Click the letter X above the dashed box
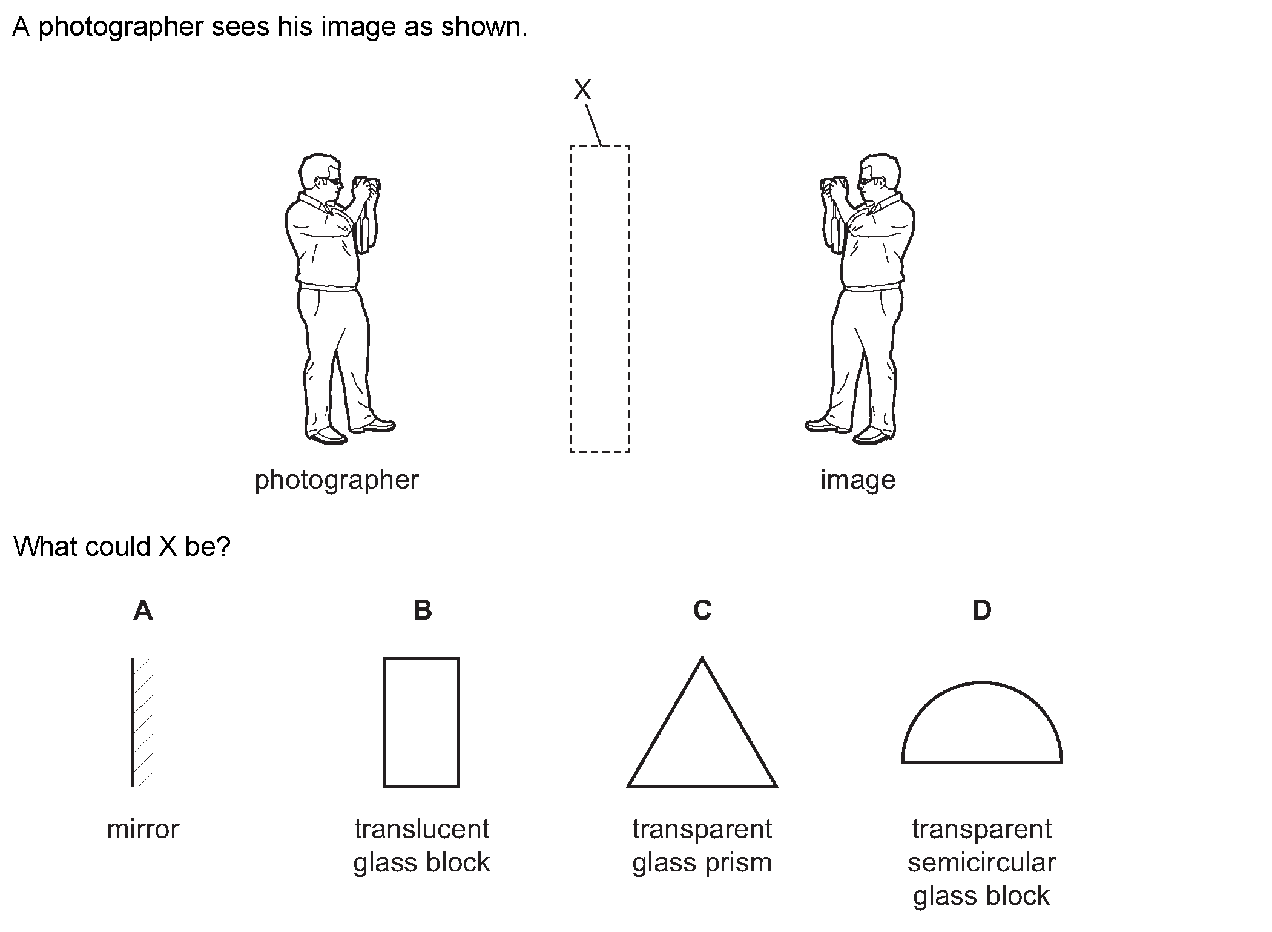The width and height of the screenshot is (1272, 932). pyautogui.click(x=582, y=90)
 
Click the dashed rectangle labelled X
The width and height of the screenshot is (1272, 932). pyautogui.click(x=599, y=299)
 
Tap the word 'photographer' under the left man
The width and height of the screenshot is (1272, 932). pyautogui.click(x=337, y=480)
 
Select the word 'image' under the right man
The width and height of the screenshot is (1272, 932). pyautogui.click(x=857, y=480)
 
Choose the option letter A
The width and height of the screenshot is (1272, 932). pyautogui.click(x=143, y=610)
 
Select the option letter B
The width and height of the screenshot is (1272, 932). pyautogui.click(x=423, y=610)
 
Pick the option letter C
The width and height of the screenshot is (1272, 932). pyautogui.click(x=702, y=610)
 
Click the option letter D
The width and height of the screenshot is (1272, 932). pyautogui.click(x=981, y=610)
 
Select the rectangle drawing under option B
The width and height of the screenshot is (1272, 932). pyautogui.click(x=421, y=722)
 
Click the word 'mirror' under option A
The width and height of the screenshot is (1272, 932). pyautogui.click(x=143, y=829)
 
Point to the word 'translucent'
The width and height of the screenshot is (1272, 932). pyautogui.click(x=421, y=829)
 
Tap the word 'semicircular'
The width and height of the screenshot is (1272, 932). pyautogui.click(x=981, y=863)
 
